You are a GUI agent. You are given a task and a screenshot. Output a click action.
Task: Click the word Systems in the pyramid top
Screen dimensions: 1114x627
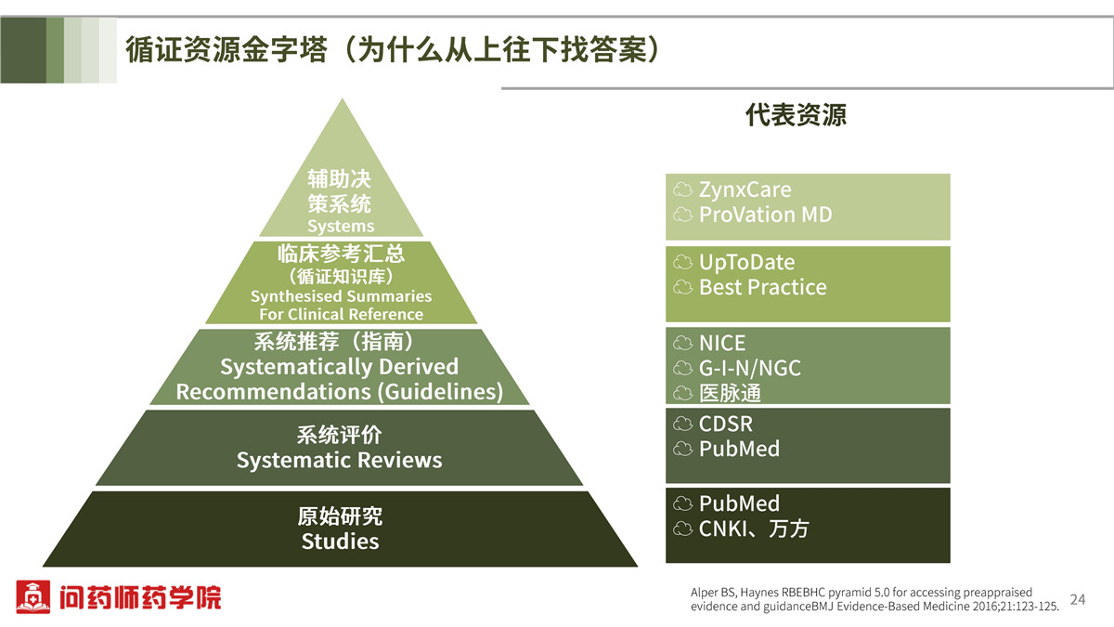(341, 227)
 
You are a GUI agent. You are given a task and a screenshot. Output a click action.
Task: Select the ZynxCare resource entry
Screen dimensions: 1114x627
(745, 189)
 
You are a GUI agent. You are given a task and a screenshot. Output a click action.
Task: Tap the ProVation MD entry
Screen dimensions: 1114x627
(765, 215)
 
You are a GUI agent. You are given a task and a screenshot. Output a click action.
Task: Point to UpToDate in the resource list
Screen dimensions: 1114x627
(747, 262)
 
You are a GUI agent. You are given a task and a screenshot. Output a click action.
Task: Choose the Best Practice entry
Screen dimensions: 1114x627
(763, 287)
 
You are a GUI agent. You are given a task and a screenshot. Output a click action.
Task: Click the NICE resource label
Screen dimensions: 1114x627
(722, 343)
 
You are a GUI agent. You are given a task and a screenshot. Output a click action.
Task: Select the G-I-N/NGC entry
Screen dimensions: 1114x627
(750, 368)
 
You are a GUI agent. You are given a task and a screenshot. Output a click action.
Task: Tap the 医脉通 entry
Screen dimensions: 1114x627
(730, 393)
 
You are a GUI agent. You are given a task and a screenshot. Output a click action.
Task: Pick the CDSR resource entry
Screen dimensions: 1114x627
(726, 424)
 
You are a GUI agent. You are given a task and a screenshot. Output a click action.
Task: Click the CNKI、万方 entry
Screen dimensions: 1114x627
(754, 529)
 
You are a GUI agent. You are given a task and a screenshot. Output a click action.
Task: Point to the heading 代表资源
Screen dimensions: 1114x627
(796, 115)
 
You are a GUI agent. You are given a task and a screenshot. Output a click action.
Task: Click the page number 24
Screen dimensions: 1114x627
(1078, 599)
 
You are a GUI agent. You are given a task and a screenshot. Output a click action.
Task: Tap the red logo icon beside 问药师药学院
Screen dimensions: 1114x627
(32, 596)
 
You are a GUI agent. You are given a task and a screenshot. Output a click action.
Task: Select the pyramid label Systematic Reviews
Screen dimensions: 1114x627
(339, 461)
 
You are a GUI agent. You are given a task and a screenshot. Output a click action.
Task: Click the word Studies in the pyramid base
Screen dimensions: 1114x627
(340, 542)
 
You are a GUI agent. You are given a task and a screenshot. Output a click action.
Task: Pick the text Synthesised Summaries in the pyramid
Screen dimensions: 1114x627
(342, 296)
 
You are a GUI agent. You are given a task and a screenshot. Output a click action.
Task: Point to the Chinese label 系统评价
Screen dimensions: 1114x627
(339, 435)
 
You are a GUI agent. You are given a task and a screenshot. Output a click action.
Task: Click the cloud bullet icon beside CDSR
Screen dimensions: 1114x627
(683, 424)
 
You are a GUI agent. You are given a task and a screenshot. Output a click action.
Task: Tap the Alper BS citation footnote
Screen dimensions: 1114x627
(874, 599)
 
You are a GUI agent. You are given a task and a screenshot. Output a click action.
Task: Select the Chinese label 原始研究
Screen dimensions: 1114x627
(340, 516)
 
